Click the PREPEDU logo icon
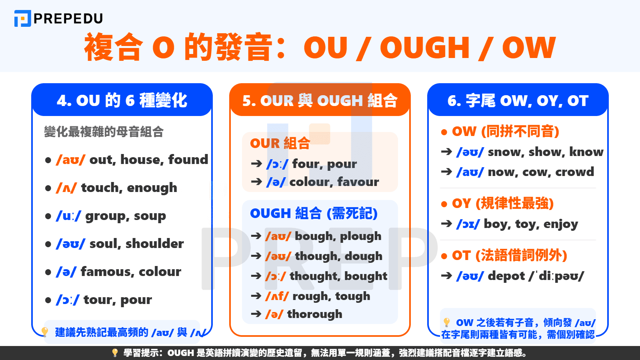pos(22,18)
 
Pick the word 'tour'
pos(96,300)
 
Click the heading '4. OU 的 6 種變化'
pos(122,100)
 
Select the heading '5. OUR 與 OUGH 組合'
pos(320,100)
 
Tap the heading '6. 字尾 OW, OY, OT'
pos(518,100)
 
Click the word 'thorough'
pos(314,314)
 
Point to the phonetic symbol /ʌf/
pos(277,296)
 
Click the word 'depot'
pos(506,276)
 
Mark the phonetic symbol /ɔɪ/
pos(468,224)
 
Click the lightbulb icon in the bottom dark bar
pos(115,353)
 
